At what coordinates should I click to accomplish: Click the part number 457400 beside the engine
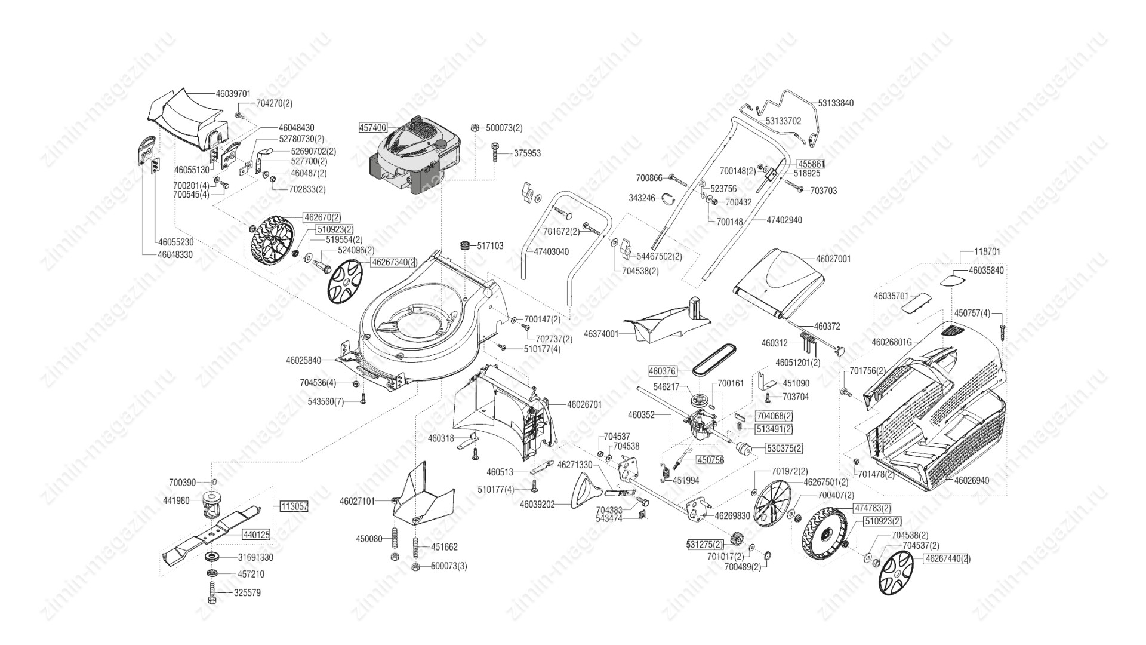[x=373, y=128]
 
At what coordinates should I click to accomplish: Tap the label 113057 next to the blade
[x=294, y=506]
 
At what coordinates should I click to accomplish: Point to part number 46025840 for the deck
[x=303, y=360]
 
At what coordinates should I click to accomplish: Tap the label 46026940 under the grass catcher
[x=971, y=480]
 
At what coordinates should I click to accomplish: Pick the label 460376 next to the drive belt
[x=662, y=371]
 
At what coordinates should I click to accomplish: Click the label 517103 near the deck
[x=490, y=245]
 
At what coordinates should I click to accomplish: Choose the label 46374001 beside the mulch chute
[x=601, y=334]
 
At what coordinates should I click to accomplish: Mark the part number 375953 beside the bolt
[x=527, y=153]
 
